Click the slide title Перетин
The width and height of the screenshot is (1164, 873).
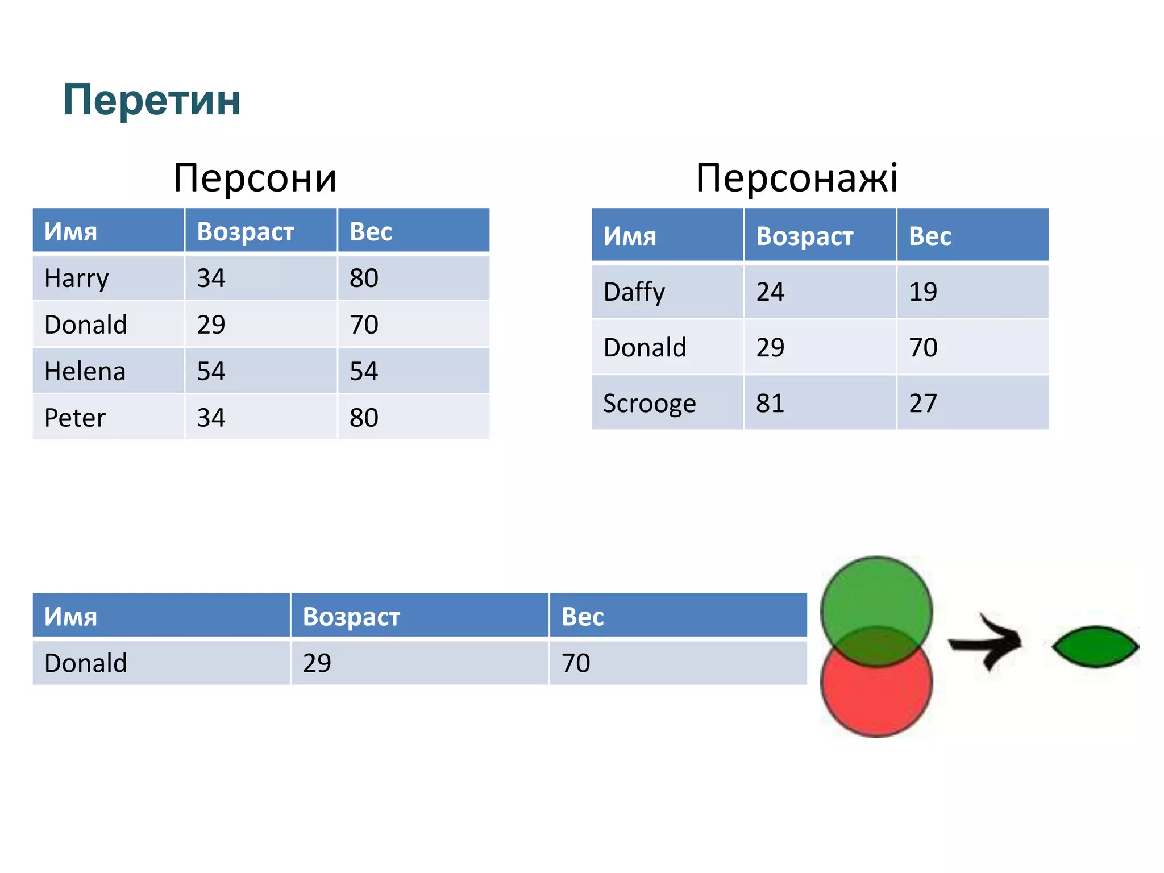[152, 99]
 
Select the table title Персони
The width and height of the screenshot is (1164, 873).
[255, 178]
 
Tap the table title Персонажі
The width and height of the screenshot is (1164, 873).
[797, 178]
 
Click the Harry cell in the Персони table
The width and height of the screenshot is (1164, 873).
[77, 278]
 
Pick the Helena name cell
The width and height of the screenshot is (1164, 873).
[85, 372]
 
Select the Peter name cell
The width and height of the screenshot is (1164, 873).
[75, 418]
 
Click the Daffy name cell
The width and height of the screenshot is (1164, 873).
[634, 292]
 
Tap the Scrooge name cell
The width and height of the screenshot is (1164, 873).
[650, 404]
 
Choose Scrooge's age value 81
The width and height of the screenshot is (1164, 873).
[770, 404]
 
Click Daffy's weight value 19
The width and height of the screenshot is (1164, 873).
[923, 292]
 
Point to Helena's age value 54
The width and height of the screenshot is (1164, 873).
[211, 372]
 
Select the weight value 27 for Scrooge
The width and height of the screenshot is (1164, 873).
[923, 404]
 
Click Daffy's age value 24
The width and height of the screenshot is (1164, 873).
[770, 292]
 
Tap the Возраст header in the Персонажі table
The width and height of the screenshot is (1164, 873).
[805, 236]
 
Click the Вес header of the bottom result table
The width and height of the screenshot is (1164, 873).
[583, 617]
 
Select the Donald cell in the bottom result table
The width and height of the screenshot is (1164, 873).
[86, 663]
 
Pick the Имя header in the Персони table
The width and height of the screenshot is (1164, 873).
[71, 232]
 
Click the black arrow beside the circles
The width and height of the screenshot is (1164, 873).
[986, 643]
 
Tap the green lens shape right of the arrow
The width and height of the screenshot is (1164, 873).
[1095, 646]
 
